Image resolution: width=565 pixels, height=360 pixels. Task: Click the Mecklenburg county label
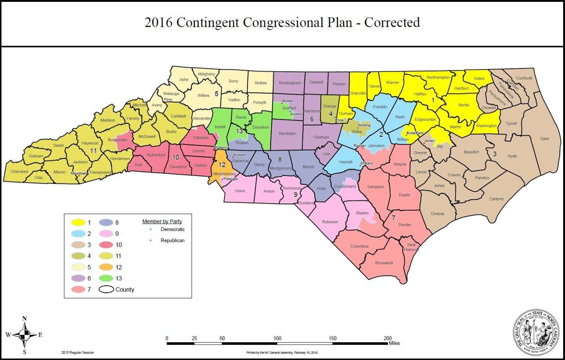pos(224,174)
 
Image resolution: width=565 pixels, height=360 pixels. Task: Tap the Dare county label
pos(544,139)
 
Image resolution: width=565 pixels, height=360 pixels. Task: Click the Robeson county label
pos(330,222)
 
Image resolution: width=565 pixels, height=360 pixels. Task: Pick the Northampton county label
pos(438,77)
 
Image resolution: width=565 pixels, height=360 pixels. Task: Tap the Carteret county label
pos(496,199)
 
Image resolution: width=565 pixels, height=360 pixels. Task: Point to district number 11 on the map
pos(93,151)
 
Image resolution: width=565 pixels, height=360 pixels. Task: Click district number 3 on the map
pos(494,153)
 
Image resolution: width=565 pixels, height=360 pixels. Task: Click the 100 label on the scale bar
pos(278,338)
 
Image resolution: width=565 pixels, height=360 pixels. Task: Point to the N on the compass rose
pos(24,318)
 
